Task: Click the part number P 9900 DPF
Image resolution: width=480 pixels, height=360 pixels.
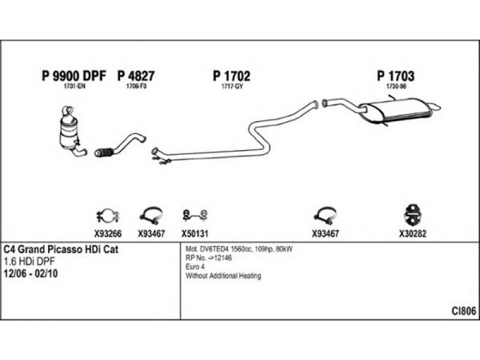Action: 74,76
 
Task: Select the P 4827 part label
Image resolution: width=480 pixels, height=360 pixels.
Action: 136,76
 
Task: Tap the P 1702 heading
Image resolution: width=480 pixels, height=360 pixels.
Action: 232,76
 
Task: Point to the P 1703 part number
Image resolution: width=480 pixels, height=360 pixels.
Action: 396,76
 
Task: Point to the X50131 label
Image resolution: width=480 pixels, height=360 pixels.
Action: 194,235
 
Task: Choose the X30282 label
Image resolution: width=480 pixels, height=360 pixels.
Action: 413,235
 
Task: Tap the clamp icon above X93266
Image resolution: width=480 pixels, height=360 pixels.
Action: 107,215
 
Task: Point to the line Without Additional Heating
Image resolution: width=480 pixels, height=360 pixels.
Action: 223,276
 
